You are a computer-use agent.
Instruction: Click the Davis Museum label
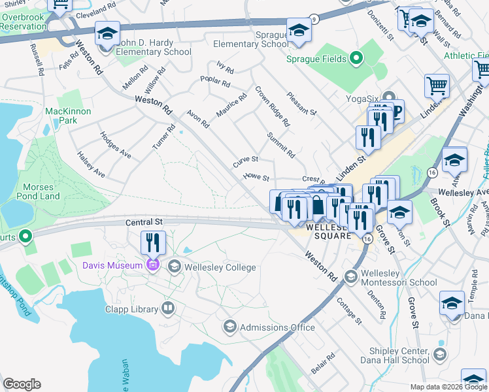pyautogui.click(x=112, y=265)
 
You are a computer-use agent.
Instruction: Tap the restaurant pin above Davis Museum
pyautogui.click(x=153, y=243)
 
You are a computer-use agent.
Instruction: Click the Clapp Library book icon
pyautogui.click(x=169, y=308)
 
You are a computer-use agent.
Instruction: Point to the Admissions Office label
pyautogui.click(x=278, y=327)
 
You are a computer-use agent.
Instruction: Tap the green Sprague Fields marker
pyautogui.click(x=356, y=59)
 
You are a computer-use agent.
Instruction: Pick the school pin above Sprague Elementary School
pyautogui.click(x=299, y=30)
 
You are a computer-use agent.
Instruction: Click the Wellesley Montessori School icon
pyautogui.click(x=350, y=278)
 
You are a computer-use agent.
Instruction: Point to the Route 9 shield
pyautogui.click(x=314, y=18)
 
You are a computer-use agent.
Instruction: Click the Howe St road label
pyautogui.click(x=256, y=176)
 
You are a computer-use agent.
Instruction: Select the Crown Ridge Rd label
pyautogui.click(x=272, y=106)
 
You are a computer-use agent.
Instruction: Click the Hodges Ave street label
pyautogui.click(x=115, y=144)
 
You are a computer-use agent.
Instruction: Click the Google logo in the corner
pyautogui.click(x=22, y=384)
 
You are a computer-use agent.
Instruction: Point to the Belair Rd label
pyautogui.click(x=322, y=364)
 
